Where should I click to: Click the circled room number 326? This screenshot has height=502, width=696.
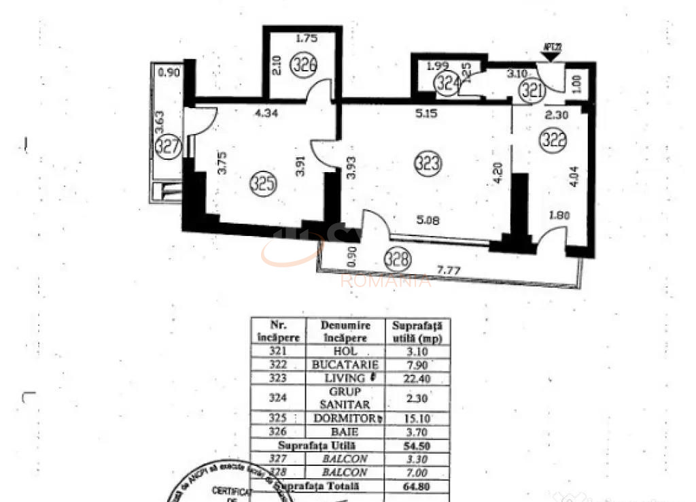pos(304,66)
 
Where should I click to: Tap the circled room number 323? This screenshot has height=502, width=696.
pos(430,163)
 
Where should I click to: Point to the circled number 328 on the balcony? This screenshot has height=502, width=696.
pos(397,258)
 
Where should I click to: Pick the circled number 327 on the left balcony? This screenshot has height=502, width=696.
pos(167,146)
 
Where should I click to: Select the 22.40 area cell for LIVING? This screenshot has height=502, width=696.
pos(416,378)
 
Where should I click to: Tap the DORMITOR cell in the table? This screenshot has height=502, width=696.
pos(345,418)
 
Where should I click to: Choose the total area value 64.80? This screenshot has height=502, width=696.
pos(416,486)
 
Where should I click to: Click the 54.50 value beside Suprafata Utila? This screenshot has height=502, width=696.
pos(416,446)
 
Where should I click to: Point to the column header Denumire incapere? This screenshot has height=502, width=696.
pos(345,331)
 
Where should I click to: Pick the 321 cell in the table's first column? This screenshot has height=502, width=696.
pos(279,352)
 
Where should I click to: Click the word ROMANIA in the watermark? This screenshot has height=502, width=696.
pos(385,281)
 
